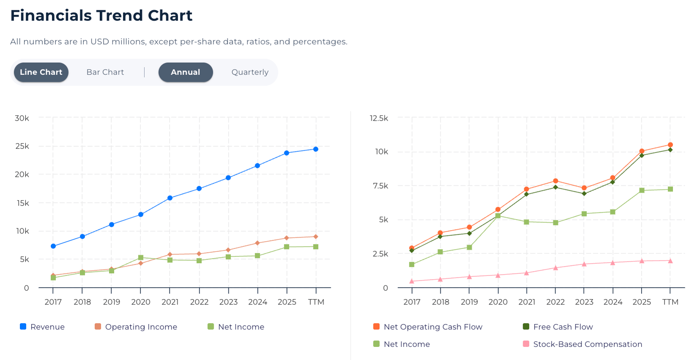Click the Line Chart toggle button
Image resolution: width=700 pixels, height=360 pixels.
41,72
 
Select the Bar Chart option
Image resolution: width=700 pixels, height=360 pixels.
105,72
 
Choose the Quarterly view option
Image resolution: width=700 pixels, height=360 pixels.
250,72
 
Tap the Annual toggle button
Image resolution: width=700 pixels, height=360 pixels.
185,72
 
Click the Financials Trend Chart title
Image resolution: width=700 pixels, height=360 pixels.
101,16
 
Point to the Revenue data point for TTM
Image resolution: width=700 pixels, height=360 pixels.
316,149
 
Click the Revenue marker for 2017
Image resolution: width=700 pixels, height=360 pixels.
53,246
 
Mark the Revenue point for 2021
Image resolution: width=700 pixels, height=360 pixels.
170,198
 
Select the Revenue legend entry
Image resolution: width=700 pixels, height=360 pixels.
42,327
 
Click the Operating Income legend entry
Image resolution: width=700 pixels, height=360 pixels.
136,327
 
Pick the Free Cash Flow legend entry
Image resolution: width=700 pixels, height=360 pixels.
558,327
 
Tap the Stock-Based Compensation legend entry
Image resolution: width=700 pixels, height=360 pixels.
582,344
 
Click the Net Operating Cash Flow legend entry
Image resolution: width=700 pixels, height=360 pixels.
428,327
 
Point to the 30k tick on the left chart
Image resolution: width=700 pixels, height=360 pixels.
22,118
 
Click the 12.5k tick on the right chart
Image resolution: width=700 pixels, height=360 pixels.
379,118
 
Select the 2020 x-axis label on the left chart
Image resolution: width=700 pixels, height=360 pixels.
141,302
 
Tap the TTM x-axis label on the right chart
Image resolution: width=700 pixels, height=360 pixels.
670,302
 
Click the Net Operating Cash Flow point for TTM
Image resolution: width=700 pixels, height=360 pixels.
670,145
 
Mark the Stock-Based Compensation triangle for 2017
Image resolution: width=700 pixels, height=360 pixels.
412,281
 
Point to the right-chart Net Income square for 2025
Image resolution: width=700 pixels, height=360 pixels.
642,190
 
